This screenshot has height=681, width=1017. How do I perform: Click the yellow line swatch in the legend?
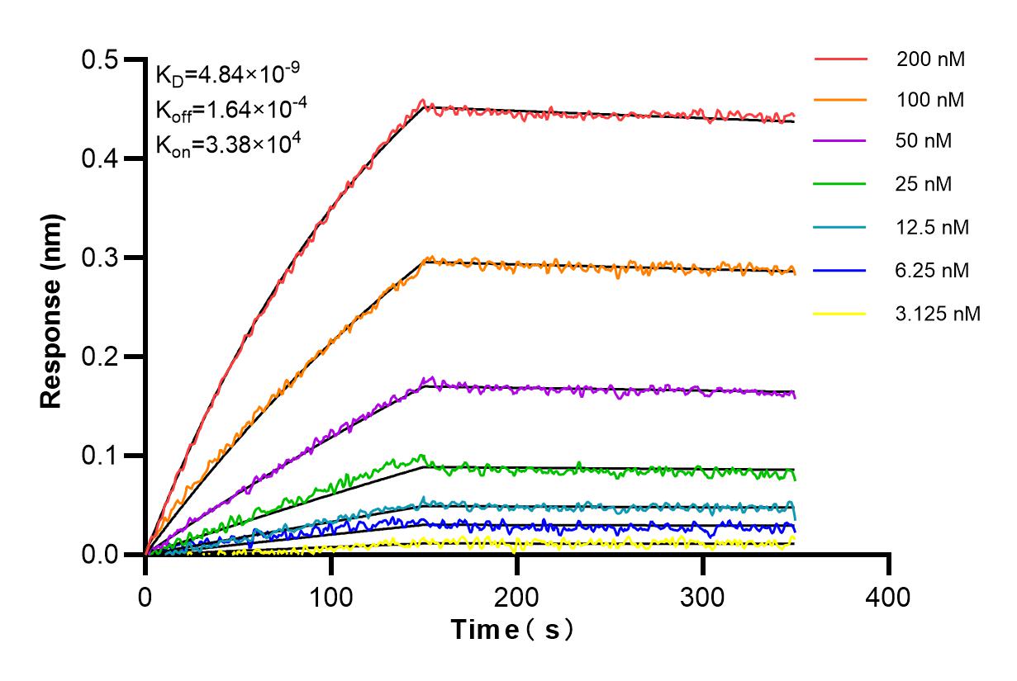[x=841, y=314]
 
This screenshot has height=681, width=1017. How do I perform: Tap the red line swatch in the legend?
[x=841, y=59]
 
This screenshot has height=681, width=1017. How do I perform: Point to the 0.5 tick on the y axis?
[x=100, y=59]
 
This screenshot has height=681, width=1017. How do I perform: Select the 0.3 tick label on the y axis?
[x=100, y=258]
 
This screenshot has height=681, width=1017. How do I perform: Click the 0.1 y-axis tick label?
[x=100, y=456]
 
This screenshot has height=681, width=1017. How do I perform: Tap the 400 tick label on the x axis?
[x=889, y=596]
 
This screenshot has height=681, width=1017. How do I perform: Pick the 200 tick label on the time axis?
[x=517, y=596]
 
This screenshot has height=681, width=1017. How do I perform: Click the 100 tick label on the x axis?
[x=331, y=596]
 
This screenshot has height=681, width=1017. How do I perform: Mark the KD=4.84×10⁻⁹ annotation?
[x=221, y=75]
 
